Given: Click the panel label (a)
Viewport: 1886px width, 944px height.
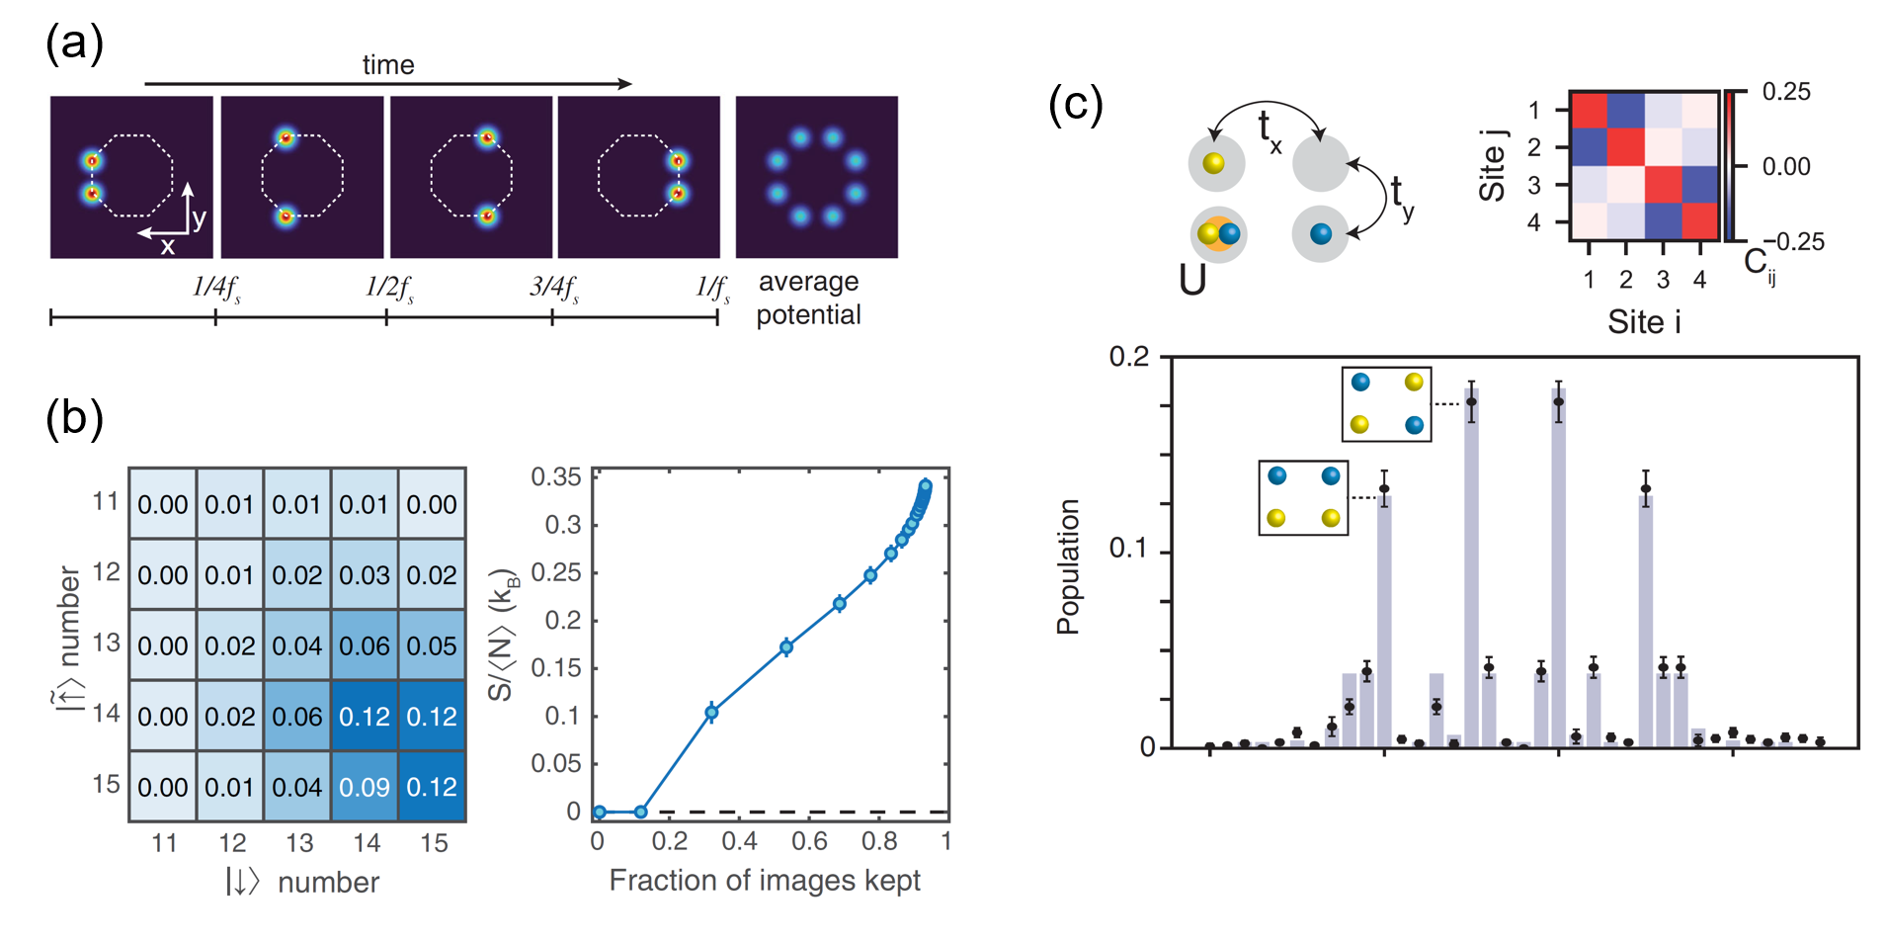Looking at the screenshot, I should coord(74,44).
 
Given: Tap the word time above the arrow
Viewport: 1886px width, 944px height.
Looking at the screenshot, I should coord(387,65).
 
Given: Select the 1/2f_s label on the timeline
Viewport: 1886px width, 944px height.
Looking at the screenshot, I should coord(389,288).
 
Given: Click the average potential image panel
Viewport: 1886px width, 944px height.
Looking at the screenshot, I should coord(816,177).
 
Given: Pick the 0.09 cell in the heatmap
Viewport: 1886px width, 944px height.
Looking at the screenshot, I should coord(365,787).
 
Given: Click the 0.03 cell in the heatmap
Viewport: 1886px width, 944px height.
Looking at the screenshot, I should coord(365,575).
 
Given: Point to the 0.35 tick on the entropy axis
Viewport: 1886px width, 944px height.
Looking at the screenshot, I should coord(556,477).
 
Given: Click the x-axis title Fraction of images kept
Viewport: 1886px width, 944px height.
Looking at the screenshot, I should coord(765,880).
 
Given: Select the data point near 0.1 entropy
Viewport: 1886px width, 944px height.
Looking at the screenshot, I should coord(711,712).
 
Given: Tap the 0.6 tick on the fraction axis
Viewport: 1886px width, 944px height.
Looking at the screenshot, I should coord(809,841).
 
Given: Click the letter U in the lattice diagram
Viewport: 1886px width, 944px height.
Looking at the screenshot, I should coord(1192,281).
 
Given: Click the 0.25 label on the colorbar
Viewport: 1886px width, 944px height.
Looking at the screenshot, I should coord(1786,92).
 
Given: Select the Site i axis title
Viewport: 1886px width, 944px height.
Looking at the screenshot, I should coord(1644,322).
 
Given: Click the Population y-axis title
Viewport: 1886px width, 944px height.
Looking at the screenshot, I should coord(1068,565).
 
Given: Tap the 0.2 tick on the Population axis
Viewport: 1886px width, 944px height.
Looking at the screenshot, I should coord(1129,357).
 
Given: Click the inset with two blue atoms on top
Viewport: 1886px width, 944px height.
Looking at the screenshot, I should coord(1303,497).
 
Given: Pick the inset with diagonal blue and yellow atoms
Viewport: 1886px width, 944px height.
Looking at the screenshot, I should coord(1386,403).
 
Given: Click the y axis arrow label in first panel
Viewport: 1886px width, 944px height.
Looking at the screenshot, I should coord(199,218).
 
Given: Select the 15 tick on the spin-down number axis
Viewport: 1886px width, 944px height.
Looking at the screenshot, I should coord(434,843).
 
